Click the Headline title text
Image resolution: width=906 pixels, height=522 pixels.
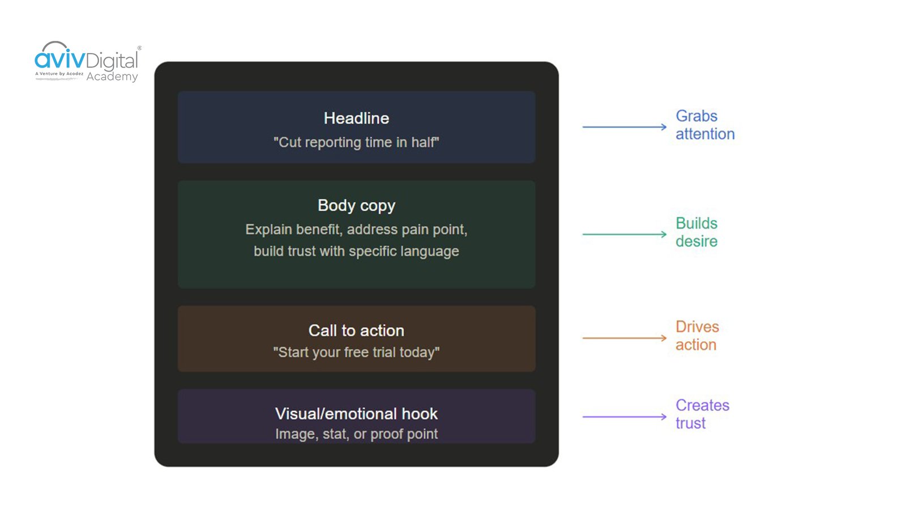click(x=356, y=118)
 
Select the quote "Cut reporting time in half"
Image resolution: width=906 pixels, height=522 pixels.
click(x=356, y=142)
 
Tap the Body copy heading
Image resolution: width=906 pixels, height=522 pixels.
click(x=356, y=205)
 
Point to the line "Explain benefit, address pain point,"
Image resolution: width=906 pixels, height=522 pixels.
click(x=356, y=230)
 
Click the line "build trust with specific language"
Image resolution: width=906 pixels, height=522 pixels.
click(x=356, y=251)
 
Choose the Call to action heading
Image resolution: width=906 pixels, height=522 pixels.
click(x=356, y=330)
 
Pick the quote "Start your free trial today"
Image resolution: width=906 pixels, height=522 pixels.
click(x=356, y=352)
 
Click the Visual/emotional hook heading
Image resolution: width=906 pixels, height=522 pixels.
click(x=356, y=414)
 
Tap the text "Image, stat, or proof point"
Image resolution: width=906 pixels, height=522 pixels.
click(x=356, y=434)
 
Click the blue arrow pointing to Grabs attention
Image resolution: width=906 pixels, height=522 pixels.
click(x=624, y=127)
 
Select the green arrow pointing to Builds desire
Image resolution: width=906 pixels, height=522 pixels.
click(x=624, y=234)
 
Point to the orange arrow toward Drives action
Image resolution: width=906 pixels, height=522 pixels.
click(x=624, y=338)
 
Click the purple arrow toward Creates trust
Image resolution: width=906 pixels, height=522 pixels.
click(x=624, y=417)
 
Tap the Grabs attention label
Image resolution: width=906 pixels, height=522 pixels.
click(x=704, y=125)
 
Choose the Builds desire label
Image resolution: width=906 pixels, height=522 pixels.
click(x=696, y=232)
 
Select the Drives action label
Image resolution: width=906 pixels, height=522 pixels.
click(x=696, y=336)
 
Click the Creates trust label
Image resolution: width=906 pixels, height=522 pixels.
click(x=702, y=414)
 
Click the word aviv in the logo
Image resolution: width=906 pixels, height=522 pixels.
click(x=59, y=59)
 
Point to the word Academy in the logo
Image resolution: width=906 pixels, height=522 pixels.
click(x=112, y=77)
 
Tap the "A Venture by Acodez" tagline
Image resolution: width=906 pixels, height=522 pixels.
click(x=59, y=74)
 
